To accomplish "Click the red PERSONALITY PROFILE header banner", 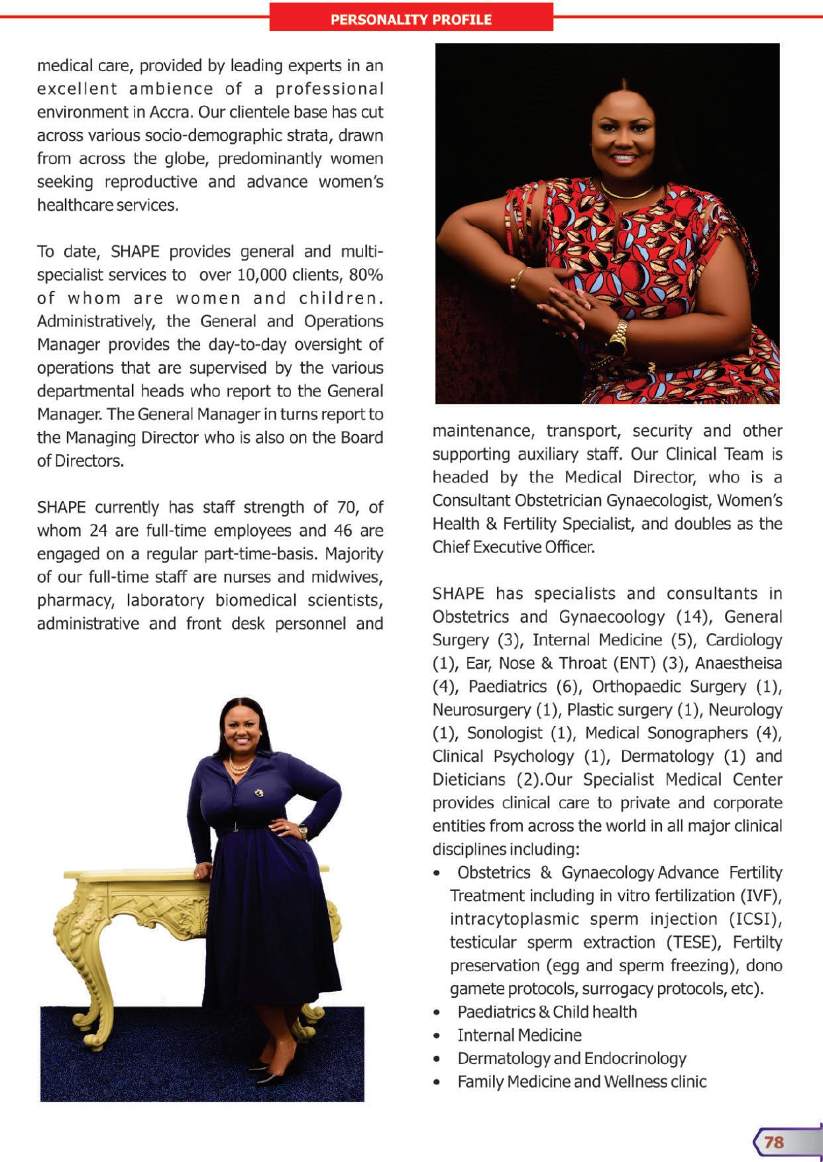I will click(411, 19).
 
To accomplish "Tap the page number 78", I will click(774, 1141).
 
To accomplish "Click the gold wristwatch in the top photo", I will click(618, 337).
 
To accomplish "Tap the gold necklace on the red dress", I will click(626, 193).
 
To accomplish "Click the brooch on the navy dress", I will click(259, 792).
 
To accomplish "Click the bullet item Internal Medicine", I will click(520, 1035).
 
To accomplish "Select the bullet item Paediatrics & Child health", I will click(547, 1012).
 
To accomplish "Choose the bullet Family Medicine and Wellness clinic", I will click(582, 1081).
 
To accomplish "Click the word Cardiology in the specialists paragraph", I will click(743, 640).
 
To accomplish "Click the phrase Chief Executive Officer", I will click(513, 547).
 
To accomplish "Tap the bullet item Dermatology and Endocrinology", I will click(572, 1058).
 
